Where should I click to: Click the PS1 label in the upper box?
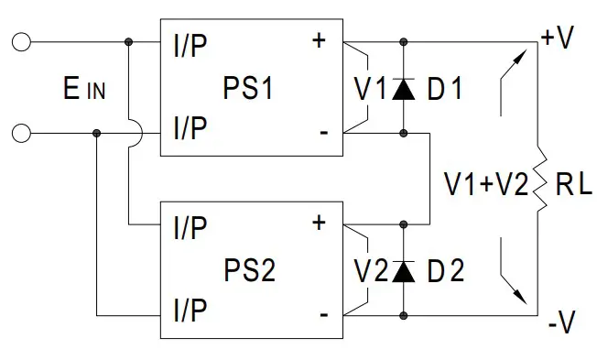click(248, 89)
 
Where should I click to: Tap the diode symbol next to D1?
click(404, 89)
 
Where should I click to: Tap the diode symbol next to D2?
click(404, 270)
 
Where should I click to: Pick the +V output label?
click(558, 39)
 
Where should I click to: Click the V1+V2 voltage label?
click(485, 184)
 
